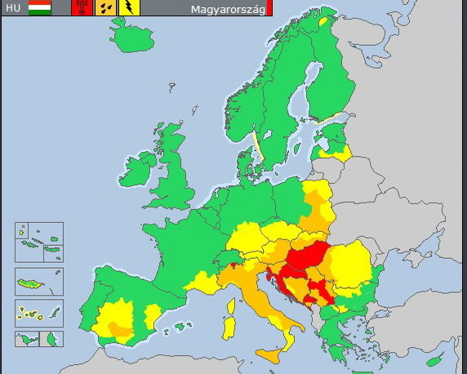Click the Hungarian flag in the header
[x=39, y=8]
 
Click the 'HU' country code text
[x=13, y=9]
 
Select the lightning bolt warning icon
[x=130, y=8]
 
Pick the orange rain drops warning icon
[x=106, y=8]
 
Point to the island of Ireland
[x=136, y=170]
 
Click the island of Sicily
[x=273, y=354]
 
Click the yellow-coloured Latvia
[x=335, y=151]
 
